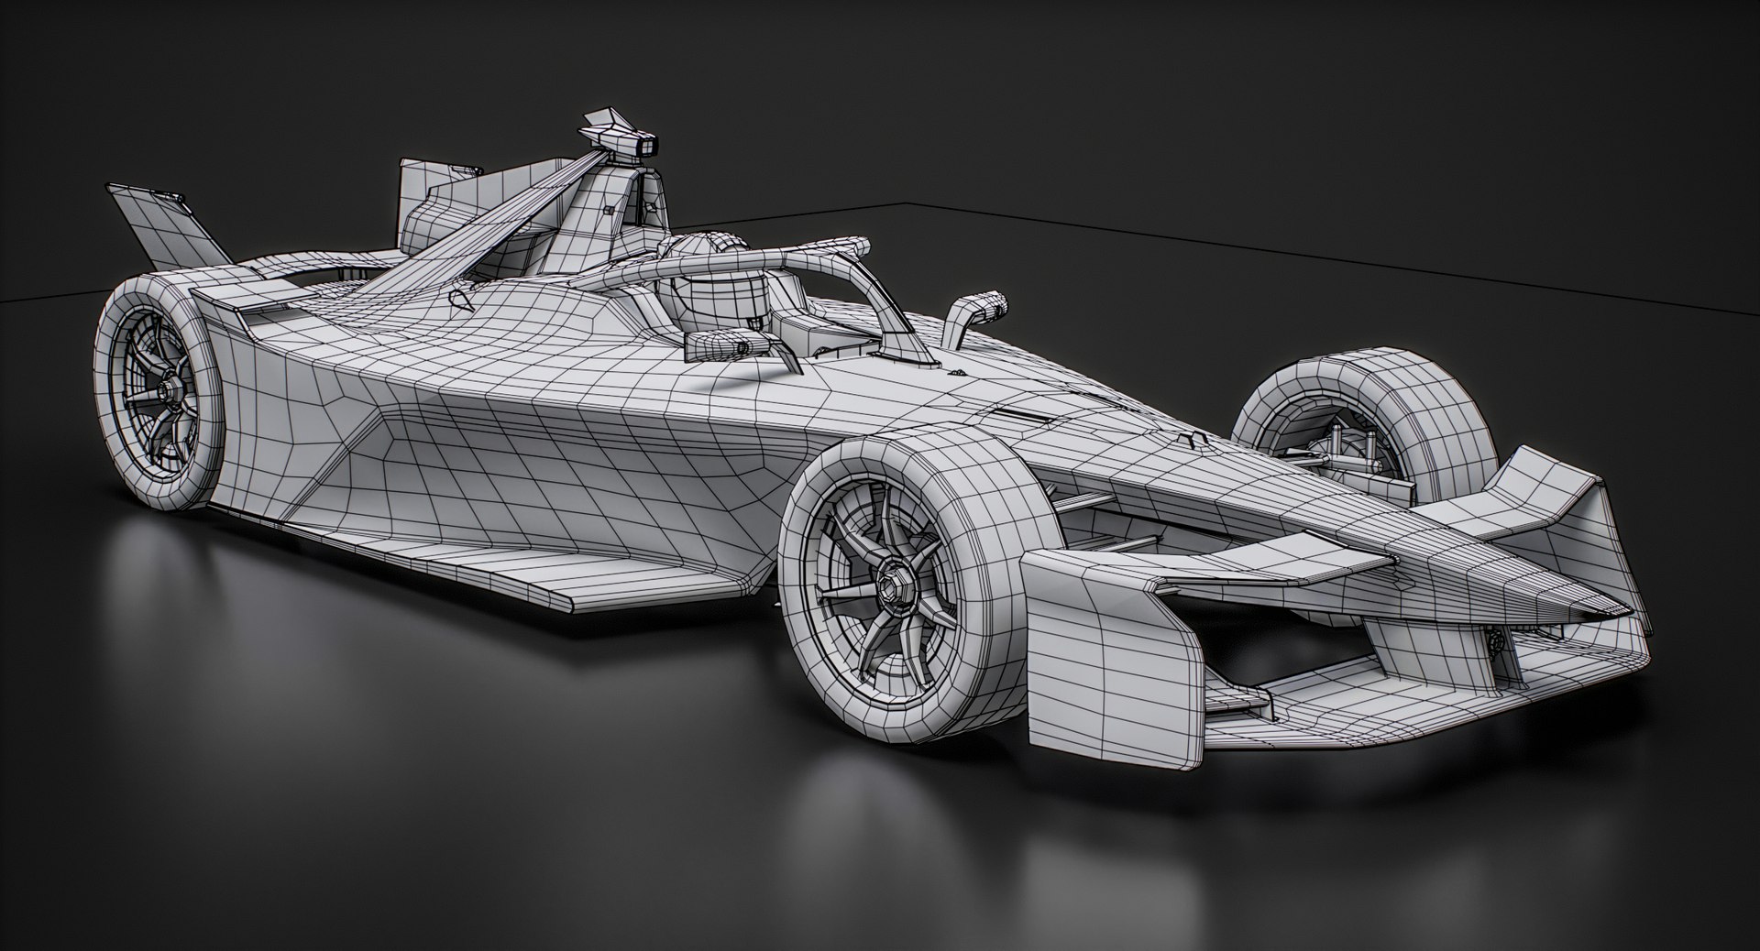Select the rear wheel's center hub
click(x=165, y=388)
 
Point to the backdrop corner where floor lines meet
click(x=907, y=202)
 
